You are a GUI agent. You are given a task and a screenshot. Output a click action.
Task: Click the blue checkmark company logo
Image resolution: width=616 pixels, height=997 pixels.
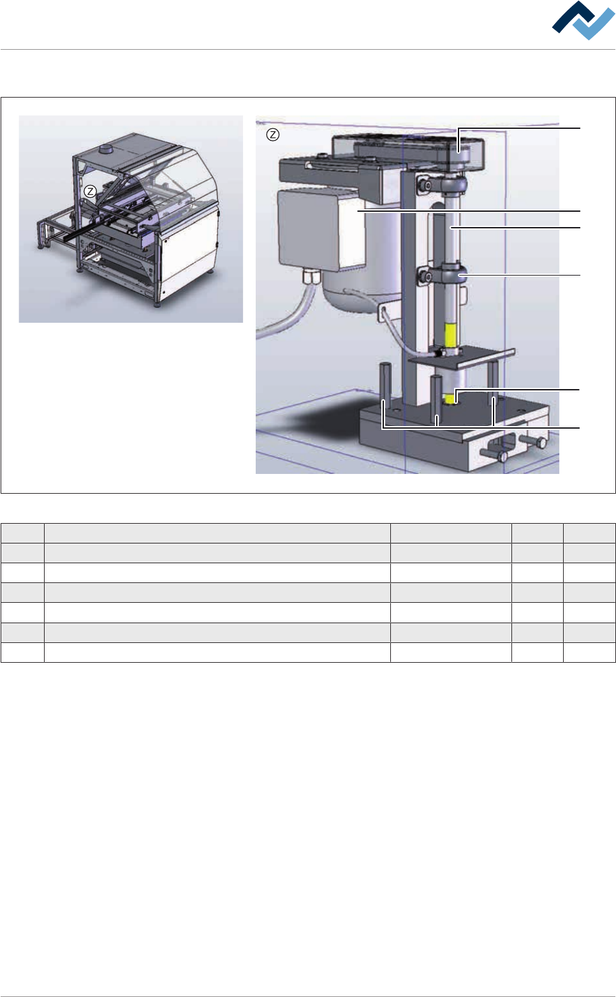(583, 20)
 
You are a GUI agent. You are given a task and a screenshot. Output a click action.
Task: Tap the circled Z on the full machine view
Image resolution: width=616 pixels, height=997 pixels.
(91, 191)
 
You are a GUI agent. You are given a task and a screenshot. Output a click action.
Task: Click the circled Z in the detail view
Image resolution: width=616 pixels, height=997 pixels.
(273, 135)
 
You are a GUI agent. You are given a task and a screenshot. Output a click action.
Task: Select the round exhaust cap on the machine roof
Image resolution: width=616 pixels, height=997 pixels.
(107, 148)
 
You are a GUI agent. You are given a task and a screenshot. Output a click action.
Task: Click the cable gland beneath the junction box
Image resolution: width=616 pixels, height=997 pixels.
(311, 278)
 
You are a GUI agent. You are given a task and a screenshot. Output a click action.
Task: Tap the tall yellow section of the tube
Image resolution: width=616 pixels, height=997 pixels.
(450, 335)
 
